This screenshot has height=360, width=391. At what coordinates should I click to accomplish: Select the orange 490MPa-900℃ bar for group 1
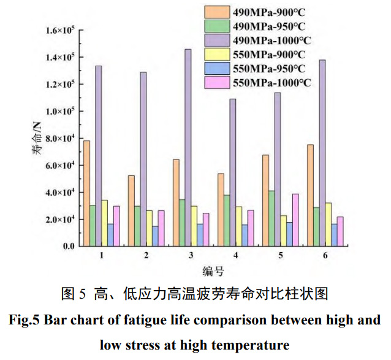(86, 193)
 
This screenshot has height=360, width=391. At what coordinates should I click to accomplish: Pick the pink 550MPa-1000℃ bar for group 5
(295, 220)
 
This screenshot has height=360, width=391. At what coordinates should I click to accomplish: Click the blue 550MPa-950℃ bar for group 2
(155, 236)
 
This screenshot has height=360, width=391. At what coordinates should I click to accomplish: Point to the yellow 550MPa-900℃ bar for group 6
(329, 224)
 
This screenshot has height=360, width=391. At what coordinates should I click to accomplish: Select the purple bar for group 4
(232, 172)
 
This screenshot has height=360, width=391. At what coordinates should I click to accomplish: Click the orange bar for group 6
(310, 195)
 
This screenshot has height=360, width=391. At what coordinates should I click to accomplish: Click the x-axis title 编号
(213, 270)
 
